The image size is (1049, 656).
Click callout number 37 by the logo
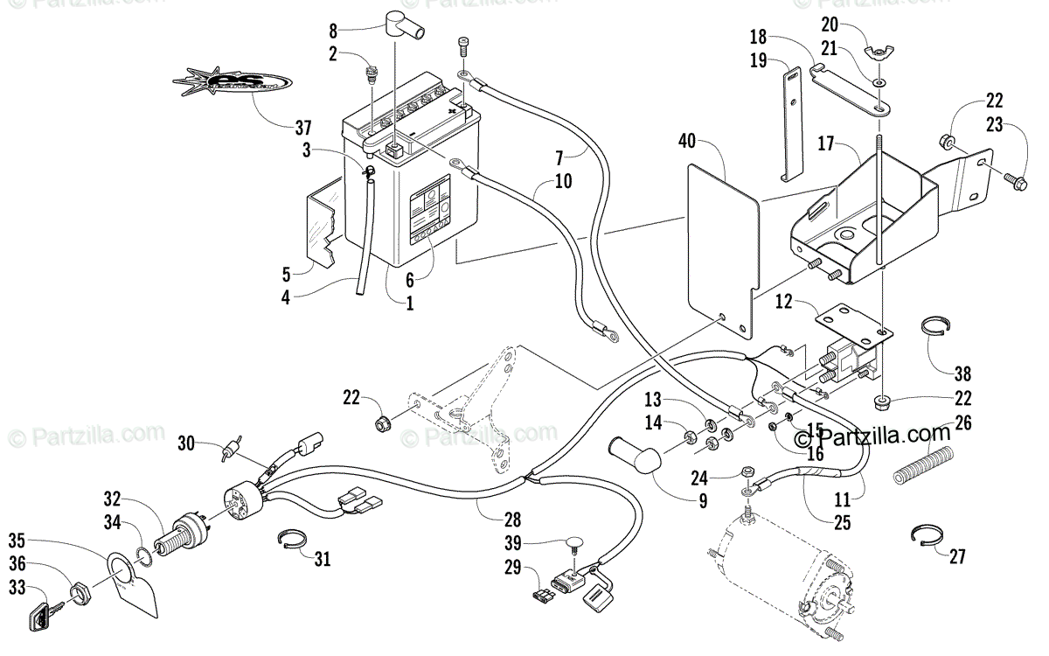302,126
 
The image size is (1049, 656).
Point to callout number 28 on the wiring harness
512,519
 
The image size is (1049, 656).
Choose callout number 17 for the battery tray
826,142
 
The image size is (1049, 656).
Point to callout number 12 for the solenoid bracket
782,302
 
